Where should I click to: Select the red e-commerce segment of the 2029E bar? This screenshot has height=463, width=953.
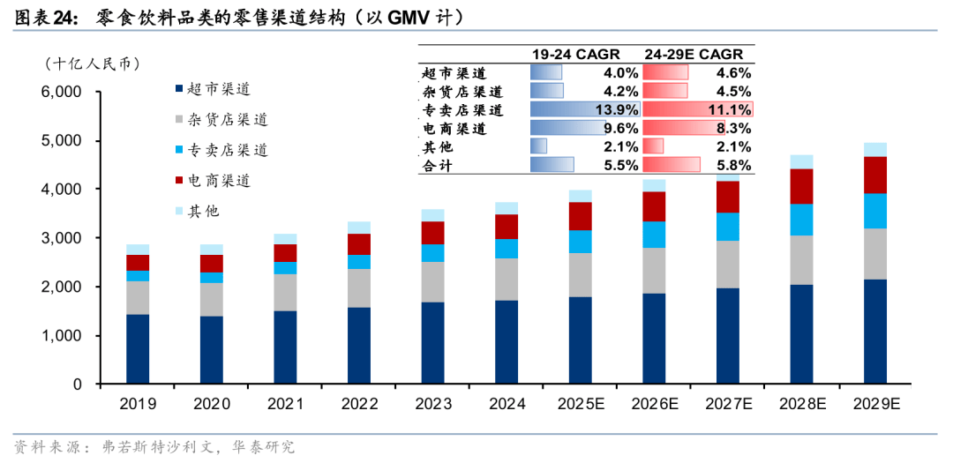874,175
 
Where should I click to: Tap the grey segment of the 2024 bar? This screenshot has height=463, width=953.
507,279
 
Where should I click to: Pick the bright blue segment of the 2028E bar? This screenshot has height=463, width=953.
801,220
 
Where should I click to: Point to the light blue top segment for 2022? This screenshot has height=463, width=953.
359,228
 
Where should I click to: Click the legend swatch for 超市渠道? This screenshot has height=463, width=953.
179,89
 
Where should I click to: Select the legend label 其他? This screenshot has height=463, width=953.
204,211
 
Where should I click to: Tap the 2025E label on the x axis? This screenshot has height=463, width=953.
580,404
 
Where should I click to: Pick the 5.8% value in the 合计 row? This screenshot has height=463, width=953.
731,165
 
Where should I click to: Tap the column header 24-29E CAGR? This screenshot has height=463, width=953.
697,55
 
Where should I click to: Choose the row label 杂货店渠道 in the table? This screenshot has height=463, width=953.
461,92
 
